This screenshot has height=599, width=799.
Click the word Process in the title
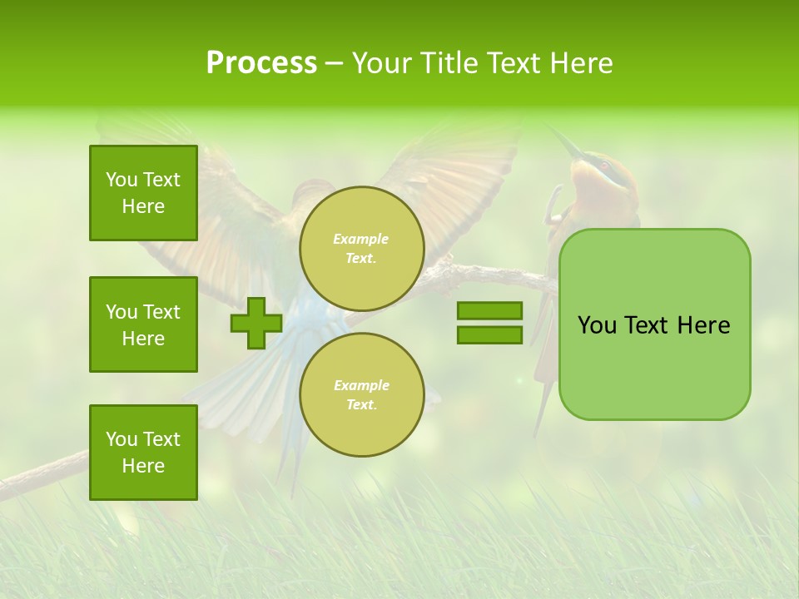(x=261, y=63)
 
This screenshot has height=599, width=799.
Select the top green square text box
(x=143, y=193)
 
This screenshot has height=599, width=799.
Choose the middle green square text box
(x=143, y=324)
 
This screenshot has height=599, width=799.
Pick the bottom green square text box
(x=143, y=453)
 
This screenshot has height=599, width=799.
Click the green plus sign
(x=256, y=323)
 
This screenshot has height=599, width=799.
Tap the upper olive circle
(x=362, y=249)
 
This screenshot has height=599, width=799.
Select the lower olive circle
(x=362, y=395)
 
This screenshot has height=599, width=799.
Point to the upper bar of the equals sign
(x=489, y=310)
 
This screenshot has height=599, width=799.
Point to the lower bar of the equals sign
(x=489, y=335)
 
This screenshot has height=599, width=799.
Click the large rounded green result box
(x=654, y=366)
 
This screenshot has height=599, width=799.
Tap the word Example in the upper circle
(x=361, y=239)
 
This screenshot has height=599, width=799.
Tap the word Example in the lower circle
(x=361, y=385)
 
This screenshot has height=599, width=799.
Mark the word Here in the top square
(x=143, y=206)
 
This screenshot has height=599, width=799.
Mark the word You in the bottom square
(x=122, y=439)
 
